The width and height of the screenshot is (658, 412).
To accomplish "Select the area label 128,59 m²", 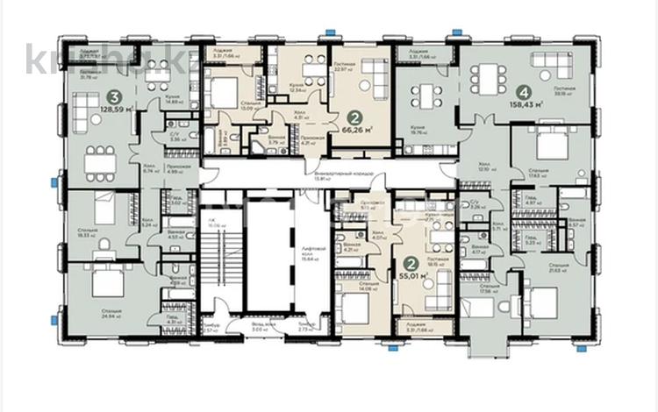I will click(x=116, y=110).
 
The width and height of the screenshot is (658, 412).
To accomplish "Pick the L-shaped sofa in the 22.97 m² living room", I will click(x=374, y=75).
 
